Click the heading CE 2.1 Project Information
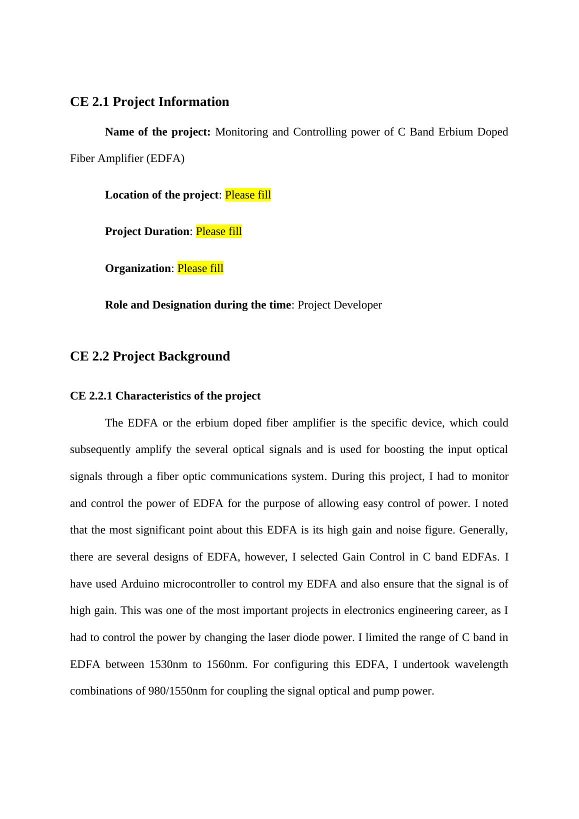pyautogui.click(x=149, y=101)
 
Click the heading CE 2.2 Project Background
pyautogui.click(x=150, y=356)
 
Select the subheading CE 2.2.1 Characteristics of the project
pyautogui.click(x=165, y=396)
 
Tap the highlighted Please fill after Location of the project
pyautogui.click(x=248, y=195)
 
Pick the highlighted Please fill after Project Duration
pyautogui.click(x=219, y=231)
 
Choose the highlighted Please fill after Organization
pyautogui.click(x=200, y=268)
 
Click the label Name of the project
pyautogui.click(x=157, y=132)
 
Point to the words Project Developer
pyautogui.click(x=339, y=305)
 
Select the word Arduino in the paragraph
pyautogui.click(x=140, y=584)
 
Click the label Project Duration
pyautogui.click(x=147, y=231)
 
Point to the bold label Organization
pyautogui.click(x=138, y=268)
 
